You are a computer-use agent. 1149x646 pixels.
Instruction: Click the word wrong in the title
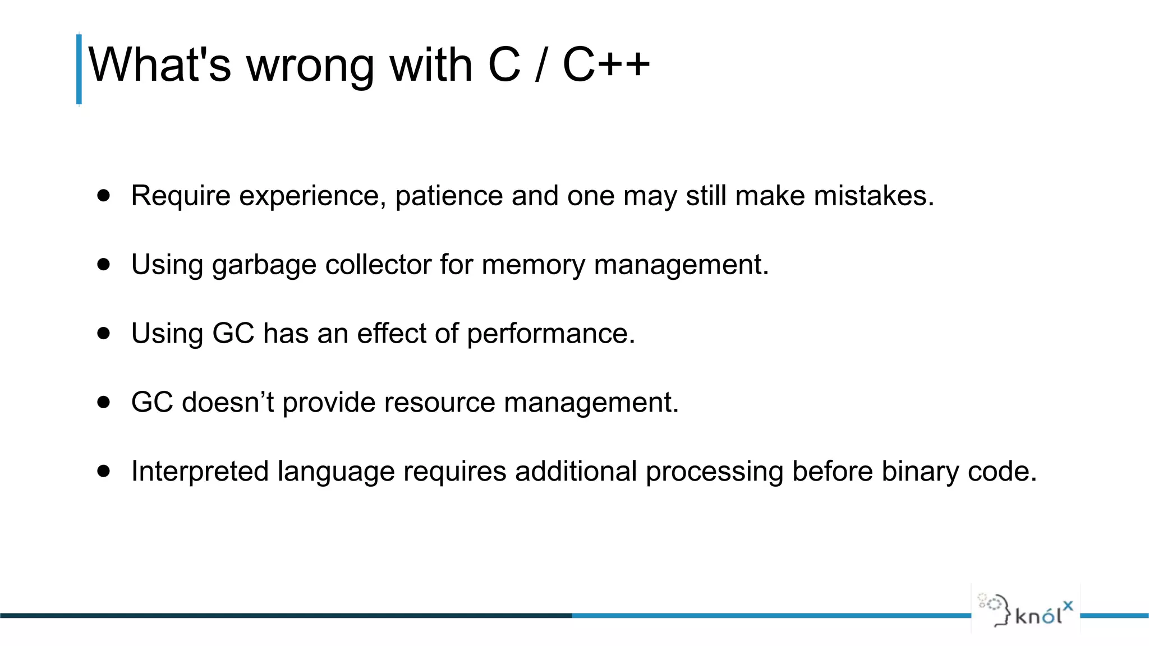[x=310, y=66]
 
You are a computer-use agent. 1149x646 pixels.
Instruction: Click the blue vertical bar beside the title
[x=79, y=70]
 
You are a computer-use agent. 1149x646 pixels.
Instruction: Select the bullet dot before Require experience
[x=103, y=195]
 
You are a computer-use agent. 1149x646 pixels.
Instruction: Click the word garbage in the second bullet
[x=264, y=265]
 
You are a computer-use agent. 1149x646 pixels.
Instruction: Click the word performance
[x=550, y=334]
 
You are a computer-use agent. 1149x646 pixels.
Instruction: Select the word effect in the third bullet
[x=391, y=333]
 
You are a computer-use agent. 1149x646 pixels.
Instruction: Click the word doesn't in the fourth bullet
[x=228, y=402]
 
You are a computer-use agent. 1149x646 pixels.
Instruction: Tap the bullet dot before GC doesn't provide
[x=103, y=402]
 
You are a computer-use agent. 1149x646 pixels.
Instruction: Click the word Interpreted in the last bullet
[x=200, y=472]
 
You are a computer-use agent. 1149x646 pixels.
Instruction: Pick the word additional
[x=576, y=471]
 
